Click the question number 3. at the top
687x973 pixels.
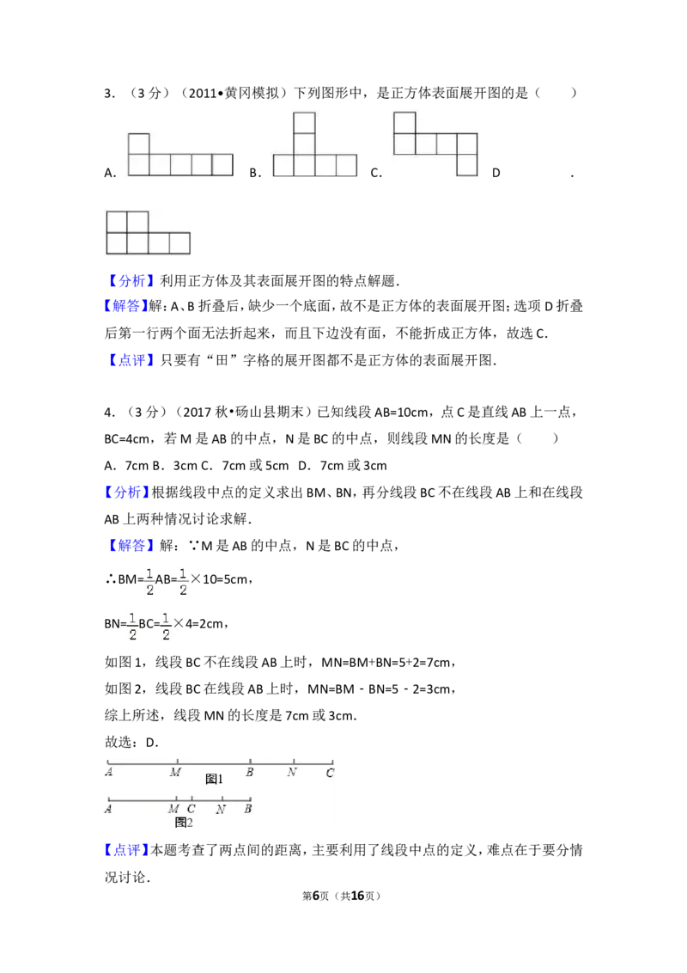(110, 94)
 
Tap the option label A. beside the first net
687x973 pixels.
(111, 173)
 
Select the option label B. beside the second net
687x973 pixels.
(255, 173)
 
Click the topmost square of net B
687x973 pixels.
(305, 123)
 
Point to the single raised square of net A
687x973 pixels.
(139, 144)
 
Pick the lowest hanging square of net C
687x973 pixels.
(467, 165)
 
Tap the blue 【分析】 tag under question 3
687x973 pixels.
(131, 281)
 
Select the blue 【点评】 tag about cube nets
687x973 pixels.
(131, 360)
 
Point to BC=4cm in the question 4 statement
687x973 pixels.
(126, 439)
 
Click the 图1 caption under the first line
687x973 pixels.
(214, 779)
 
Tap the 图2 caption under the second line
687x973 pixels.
(184, 823)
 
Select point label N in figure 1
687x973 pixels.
(292, 772)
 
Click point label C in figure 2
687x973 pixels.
(191, 809)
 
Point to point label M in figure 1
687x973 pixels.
(175, 772)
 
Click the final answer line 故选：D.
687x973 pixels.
(131, 743)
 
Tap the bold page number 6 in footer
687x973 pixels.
(316, 896)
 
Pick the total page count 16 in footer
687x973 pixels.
(358, 896)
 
